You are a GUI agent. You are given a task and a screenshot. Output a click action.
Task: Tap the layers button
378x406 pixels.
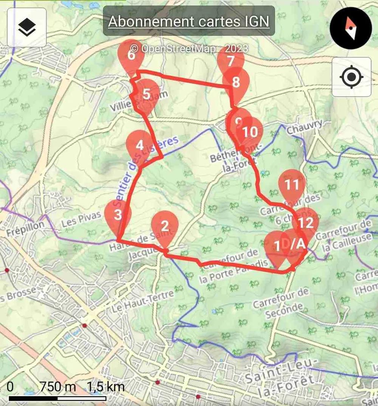(x=27, y=28)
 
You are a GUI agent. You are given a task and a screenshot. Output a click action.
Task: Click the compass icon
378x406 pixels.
(x=351, y=28)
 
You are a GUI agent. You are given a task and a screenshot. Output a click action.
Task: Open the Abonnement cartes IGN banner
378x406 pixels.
(x=189, y=21)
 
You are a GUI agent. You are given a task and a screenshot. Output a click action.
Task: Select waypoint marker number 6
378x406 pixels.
(x=131, y=56)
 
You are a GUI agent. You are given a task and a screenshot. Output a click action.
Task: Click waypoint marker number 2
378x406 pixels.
(x=164, y=227)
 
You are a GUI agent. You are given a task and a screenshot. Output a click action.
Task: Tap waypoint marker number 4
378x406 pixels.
(x=139, y=146)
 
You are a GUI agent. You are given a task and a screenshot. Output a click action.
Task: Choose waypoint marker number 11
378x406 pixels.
(x=292, y=185)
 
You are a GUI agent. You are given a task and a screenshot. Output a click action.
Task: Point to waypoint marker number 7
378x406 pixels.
(x=231, y=61)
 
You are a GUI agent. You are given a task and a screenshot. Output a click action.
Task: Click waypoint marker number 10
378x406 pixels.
(x=250, y=132)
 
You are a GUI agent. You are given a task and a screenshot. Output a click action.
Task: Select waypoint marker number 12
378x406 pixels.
(x=305, y=223)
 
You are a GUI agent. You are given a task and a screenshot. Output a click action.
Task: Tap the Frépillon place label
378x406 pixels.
(x=25, y=224)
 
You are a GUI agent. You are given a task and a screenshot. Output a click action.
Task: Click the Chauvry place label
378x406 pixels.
(x=305, y=127)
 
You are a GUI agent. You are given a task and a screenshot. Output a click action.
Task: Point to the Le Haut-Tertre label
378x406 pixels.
(x=143, y=301)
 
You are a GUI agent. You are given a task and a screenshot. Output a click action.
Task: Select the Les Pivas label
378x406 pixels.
(x=81, y=220)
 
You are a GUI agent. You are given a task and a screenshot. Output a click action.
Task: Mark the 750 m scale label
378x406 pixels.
(x=57, y=387)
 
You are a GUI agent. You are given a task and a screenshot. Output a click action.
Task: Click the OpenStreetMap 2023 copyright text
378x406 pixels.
(x=189, y=48)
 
